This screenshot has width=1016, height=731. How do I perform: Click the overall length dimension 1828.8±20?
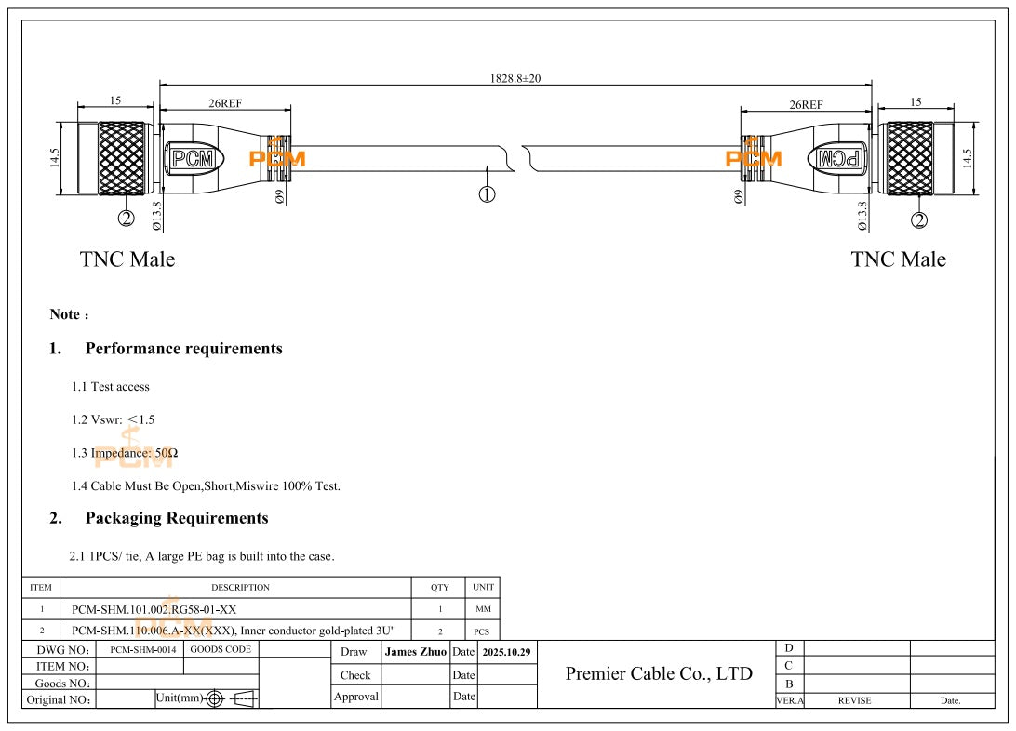tap(515, 79)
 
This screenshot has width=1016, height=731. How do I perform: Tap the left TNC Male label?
tap(127, 259)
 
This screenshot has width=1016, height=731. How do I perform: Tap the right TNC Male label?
tap(898, 259)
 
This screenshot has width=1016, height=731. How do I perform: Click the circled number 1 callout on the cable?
tap(487, 193)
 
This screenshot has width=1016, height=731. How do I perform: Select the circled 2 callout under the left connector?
tap(126, 219)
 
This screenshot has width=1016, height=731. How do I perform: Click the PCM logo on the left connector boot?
tap(193, 159)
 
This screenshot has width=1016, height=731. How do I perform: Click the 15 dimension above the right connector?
tap(916, 101)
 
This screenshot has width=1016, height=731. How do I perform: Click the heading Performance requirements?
tap(183, 349)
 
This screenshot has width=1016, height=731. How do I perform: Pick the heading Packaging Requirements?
tap(176, 518)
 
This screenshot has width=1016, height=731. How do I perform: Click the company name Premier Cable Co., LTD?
tap(659, 673)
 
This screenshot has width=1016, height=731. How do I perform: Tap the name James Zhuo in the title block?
tap(416, 653)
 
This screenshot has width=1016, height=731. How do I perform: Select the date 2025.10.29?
tap(506, 653)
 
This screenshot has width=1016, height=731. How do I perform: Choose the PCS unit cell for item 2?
tap(482, 631)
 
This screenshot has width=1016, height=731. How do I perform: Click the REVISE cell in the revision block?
tap(854, 701)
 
